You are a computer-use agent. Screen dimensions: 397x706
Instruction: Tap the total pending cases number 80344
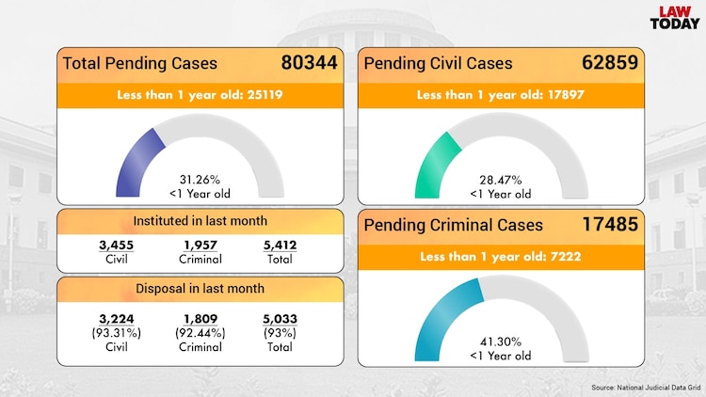tap(309, 64)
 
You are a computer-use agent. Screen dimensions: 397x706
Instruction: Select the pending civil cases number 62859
tap(610, 64)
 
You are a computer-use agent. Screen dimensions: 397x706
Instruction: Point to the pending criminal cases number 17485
tap(610, 225)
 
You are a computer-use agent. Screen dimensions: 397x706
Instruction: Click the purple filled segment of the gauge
tap(136, 160)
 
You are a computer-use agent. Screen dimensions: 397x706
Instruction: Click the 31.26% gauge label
tap(199, 180)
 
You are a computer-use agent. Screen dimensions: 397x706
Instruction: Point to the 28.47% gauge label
tap(500, 180)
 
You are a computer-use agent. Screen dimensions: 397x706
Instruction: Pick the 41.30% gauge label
tap(500, 341)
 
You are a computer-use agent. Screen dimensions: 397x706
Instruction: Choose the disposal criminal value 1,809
tap(199, 319)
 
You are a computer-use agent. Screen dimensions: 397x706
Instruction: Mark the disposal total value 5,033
tap(280, 319)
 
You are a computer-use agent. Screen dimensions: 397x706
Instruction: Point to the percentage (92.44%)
tap(199, 333)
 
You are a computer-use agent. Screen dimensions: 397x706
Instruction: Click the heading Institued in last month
tap(199, 221)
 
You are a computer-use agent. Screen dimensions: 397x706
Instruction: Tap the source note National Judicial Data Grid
tap(646, 388)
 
